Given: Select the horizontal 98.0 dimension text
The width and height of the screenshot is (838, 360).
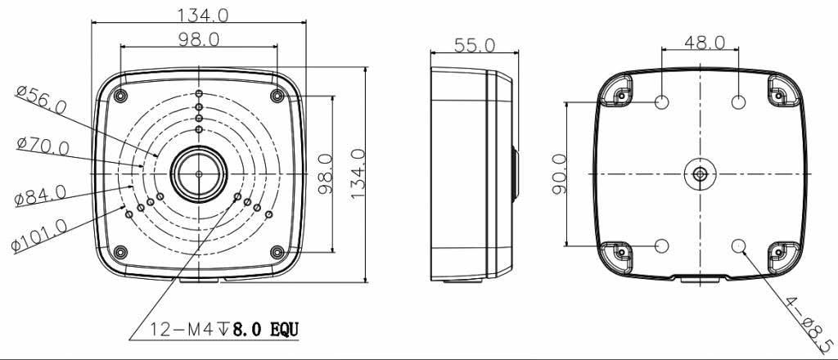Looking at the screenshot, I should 199,39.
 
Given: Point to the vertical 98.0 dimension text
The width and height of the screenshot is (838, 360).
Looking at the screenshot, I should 325,173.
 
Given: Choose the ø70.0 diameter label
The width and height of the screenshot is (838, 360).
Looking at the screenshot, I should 43,146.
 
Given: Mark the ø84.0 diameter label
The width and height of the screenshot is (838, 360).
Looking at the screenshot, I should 40,196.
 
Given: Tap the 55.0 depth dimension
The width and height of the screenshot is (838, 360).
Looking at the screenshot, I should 475,45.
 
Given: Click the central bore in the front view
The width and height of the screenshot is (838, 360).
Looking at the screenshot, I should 198,173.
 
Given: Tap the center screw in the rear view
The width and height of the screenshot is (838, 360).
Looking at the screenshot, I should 701,173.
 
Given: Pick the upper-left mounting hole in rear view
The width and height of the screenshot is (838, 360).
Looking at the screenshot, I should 663,102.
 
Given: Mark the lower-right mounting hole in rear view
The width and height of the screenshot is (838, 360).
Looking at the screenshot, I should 739,245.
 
